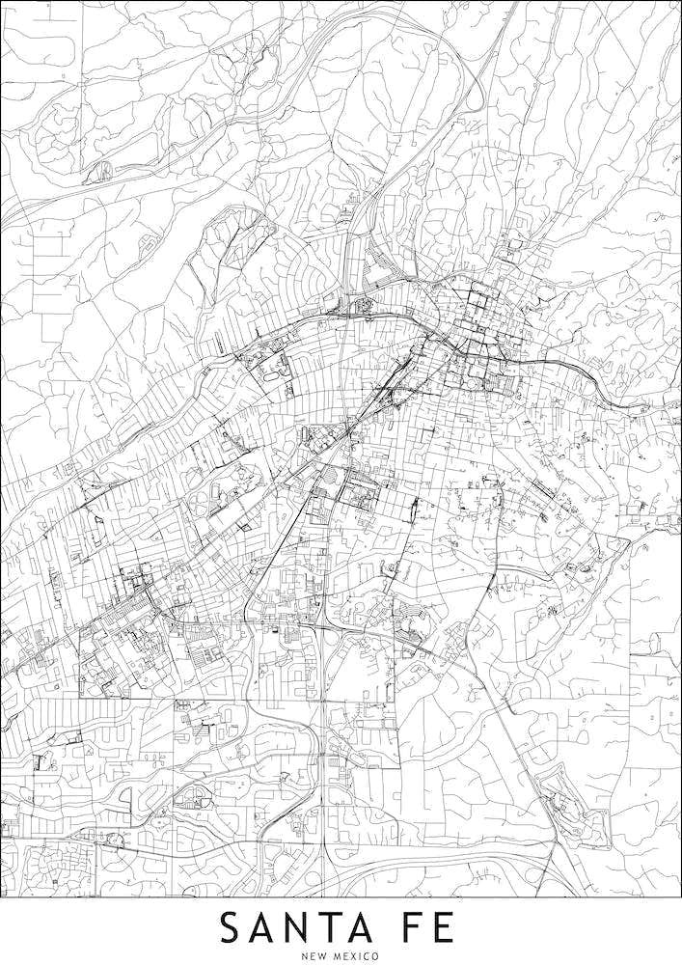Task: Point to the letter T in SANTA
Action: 350,927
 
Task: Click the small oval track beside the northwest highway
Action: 100,172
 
